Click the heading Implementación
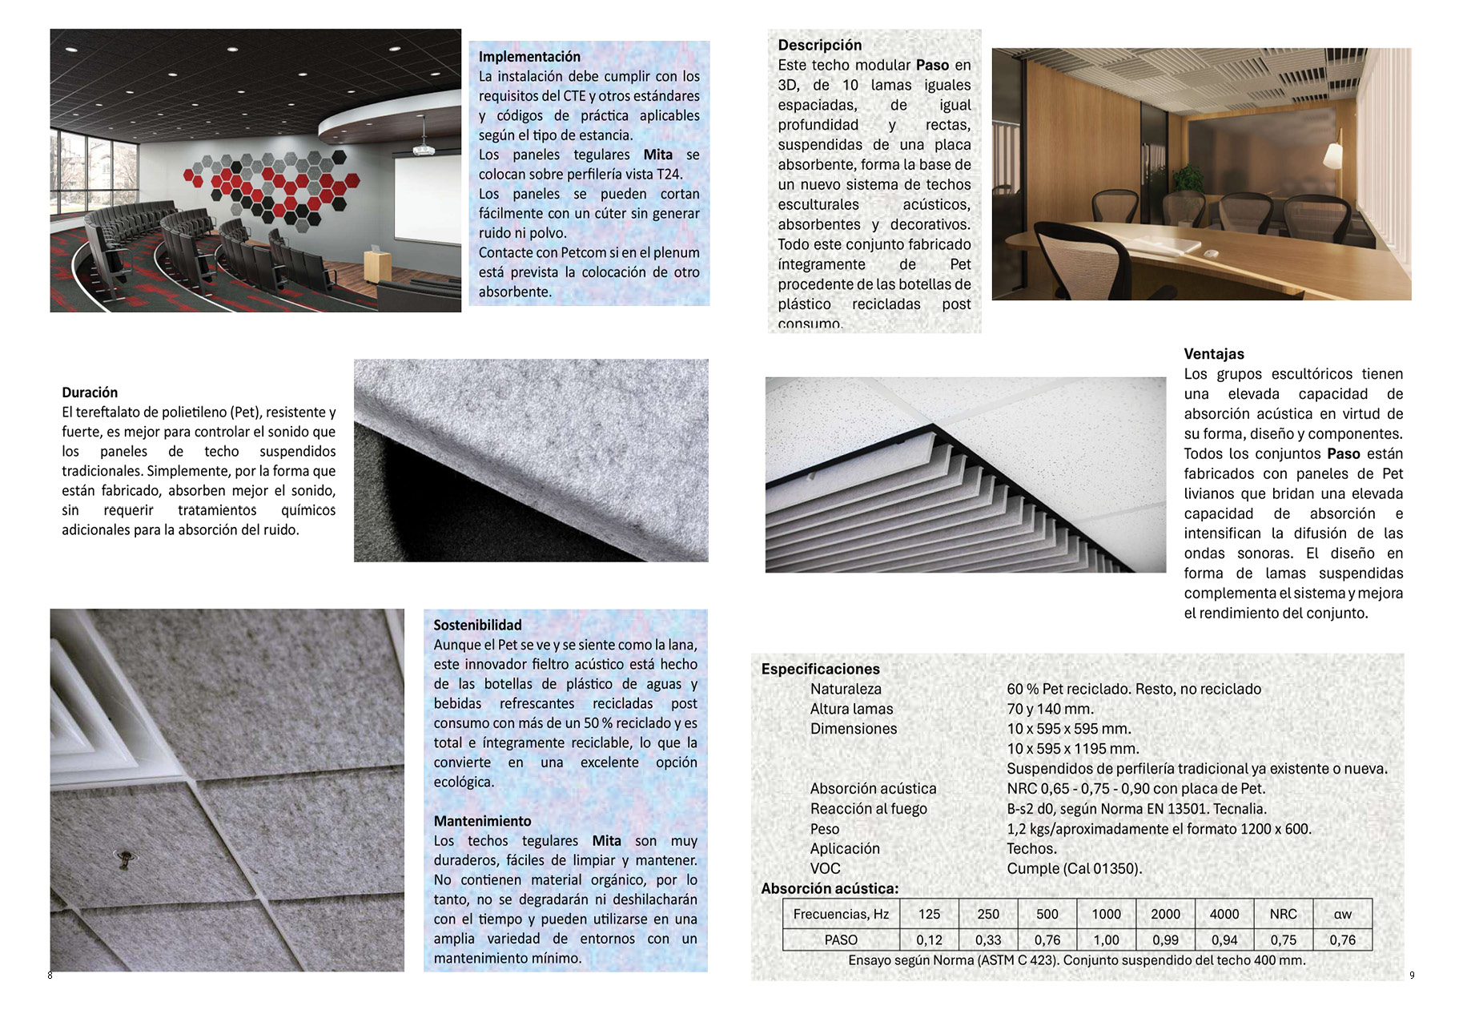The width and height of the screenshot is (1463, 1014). (529, 57)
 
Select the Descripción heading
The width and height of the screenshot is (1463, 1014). (819, 46)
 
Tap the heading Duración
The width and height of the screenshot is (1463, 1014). (90, 392)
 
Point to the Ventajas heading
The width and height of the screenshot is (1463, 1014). (1214, 354)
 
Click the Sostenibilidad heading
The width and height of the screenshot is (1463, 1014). (477, 625)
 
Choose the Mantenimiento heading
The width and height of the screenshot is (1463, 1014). (482, 821)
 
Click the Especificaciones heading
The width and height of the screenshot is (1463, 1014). (820, 669)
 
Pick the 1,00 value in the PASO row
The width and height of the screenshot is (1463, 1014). (1106, 940)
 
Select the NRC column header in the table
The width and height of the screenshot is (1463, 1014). (1283, 914)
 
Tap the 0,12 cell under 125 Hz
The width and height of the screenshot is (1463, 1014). (929, 940)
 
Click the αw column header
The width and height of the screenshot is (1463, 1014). (1342, 914)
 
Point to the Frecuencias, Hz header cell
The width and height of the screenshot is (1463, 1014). (841, 914)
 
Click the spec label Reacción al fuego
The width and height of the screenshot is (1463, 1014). (868, 809)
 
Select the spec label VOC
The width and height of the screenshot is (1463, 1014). (825, 868)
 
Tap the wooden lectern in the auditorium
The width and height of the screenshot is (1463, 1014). (376, 264)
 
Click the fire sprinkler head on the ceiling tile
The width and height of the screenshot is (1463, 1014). (123, 859)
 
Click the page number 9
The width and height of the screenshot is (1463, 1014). (1412, 975)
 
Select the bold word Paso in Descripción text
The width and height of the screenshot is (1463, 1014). (932, 66)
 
